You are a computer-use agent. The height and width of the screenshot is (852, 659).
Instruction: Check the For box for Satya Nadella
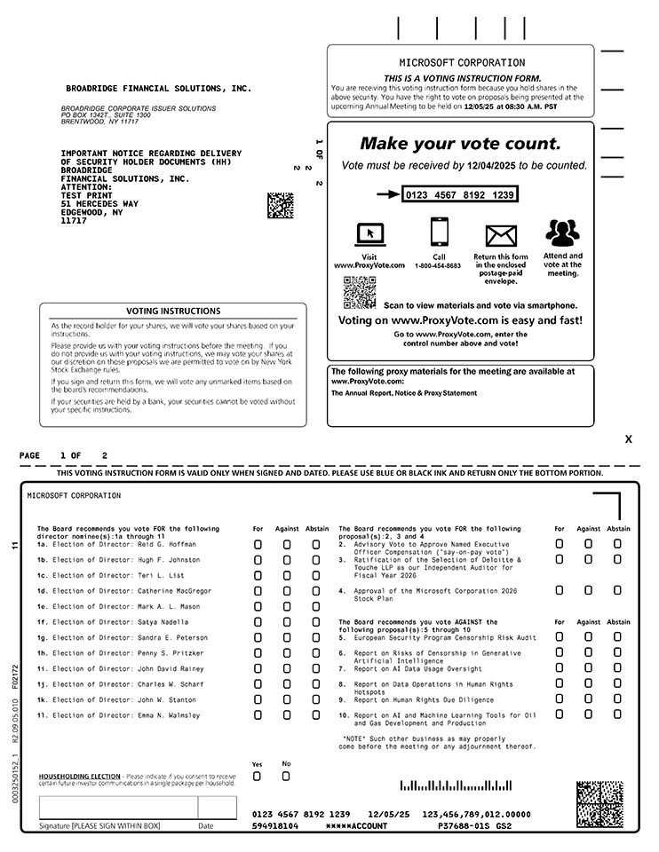(258, 622)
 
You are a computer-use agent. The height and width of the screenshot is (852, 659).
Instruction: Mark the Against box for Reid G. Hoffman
(287, 544)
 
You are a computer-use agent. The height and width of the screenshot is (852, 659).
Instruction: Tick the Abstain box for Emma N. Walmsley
(315, 715)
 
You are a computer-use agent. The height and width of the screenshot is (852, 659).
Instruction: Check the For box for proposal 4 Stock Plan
(560, 590)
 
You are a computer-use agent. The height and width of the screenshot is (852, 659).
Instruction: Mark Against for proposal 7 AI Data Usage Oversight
(588, 668)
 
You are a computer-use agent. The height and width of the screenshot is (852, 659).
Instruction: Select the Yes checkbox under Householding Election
(258, 777)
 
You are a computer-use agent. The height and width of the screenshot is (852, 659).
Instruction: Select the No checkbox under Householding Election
(286, 777)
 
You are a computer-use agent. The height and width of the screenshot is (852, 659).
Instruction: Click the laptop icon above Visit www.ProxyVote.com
(369, 234)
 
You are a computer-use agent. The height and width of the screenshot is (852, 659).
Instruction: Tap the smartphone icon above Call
(439, 233)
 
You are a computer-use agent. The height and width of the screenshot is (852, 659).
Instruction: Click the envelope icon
(501, 235)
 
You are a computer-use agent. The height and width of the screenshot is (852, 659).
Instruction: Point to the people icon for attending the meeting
(562, 233)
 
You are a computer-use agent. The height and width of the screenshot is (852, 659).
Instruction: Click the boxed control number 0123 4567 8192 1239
(459, 194)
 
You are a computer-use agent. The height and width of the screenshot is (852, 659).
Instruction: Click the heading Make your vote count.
(460, 144)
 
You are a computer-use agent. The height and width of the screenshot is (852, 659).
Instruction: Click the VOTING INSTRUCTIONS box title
(173, 312)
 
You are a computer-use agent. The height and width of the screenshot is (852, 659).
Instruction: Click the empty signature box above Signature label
(117, 808)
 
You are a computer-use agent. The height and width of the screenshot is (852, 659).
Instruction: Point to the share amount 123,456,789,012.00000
(476, 814)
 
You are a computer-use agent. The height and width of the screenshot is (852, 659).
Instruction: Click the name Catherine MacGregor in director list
(174, 591)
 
